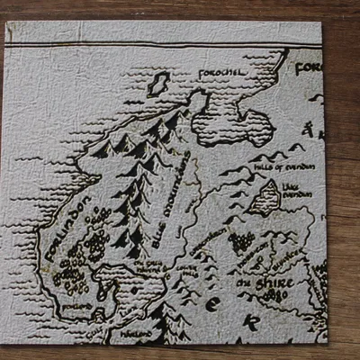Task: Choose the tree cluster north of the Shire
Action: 241,243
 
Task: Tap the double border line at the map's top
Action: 162,46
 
